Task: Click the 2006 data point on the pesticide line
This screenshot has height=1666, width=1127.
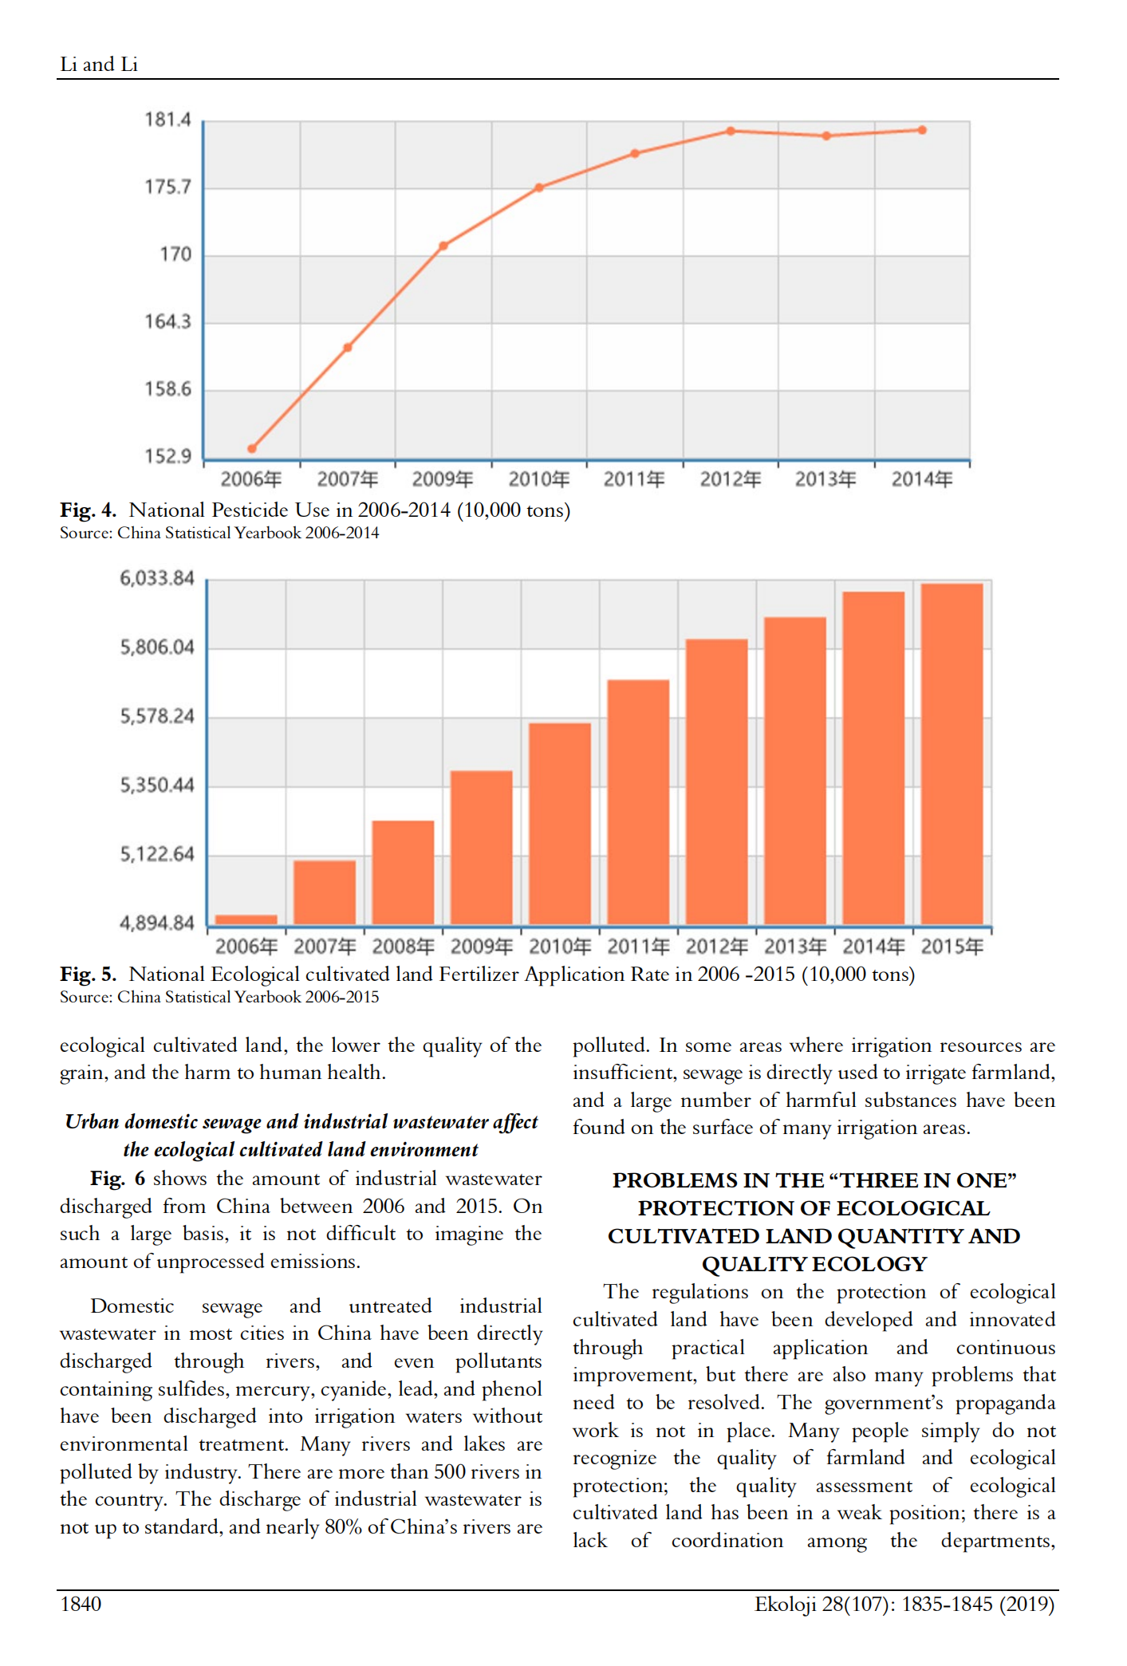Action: click(x=252, y=448)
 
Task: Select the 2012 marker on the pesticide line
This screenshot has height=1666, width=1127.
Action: click(x=731, y=131)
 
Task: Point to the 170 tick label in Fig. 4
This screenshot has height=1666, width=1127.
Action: click(x=175, y=254)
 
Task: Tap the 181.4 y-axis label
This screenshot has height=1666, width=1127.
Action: click(x=167, y=120)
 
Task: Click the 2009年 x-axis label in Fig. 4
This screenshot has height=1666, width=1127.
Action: click(x=443, y=479)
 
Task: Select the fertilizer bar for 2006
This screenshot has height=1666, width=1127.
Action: click(x=246, y=920)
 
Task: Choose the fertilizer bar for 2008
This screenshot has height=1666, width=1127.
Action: click(x=403, y=872)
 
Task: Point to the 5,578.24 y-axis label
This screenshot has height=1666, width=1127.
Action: click(x=157, y=716)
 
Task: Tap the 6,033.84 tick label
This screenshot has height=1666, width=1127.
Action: click(x=157, y=578)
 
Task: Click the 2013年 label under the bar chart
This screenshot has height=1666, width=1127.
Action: click(x=795, y=947)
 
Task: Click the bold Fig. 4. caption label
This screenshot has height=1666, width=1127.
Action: click(x=88, y=510)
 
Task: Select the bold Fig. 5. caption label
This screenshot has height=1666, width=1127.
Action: click(x=88, y=975)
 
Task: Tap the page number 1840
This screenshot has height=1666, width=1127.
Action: click(x=81, y=1604)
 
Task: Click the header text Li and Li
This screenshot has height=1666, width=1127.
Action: click(x=99, y=65)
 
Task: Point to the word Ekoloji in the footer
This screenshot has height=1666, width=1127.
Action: click(x=786, y=1604)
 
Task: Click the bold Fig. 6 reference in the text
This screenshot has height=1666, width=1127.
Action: click(x=117, y=1179)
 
